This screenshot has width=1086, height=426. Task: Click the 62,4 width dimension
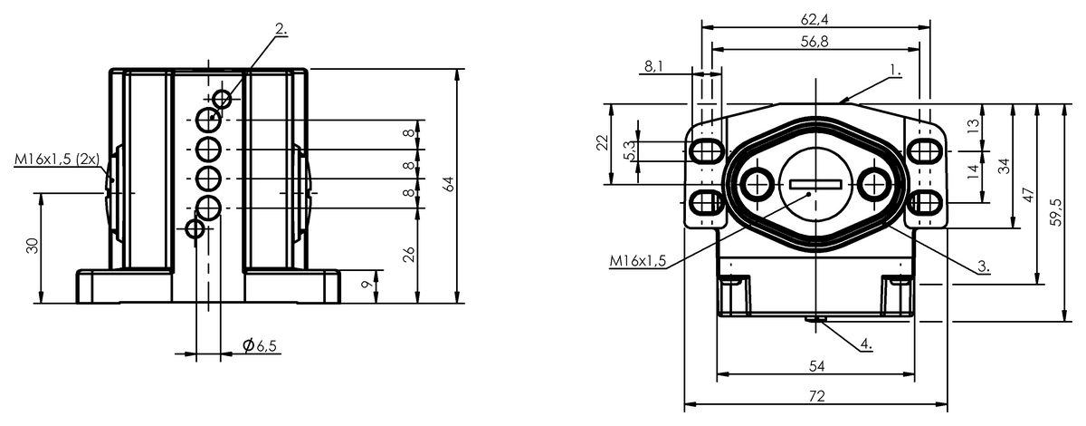[x=814, y=19]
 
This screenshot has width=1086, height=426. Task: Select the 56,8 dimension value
[x=814, y=42]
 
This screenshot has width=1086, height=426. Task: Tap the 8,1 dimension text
[x=653, y=66]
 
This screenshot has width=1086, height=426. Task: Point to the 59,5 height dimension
[x=1055, y=212]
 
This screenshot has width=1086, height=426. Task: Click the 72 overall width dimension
[x=816, y=396]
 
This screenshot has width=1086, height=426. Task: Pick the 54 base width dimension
[x=816, y=366]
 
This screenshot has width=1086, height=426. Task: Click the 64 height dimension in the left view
[x=450, y=184]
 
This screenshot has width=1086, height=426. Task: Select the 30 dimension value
[x=33, y=246]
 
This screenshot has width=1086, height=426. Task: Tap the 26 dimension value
[x=410, y=255]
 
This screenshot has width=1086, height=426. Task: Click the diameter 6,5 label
[x=260, y=345]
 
